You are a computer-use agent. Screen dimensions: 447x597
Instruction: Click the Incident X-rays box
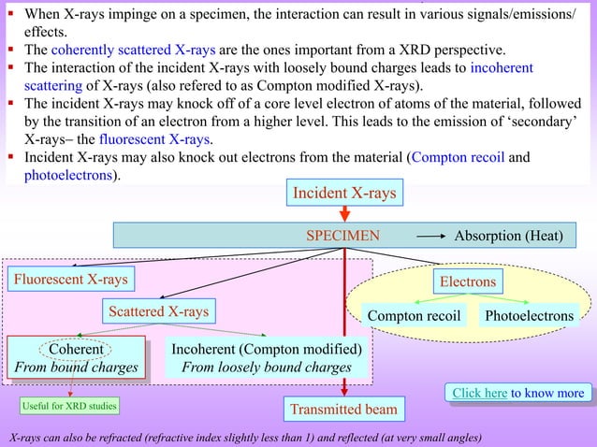(344, 194)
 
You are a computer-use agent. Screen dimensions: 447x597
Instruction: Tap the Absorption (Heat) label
(508, 236)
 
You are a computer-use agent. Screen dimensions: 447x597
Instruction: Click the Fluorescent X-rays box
(70, 278)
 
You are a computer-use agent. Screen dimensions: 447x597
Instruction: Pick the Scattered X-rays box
(156, 310)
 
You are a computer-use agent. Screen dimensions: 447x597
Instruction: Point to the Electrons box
(468, 281)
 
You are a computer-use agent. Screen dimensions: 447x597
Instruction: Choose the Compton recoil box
(414, 316)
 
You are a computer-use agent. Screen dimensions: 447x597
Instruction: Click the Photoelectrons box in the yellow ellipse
(529, 316)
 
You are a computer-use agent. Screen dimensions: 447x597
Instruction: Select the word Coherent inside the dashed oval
(76, 350)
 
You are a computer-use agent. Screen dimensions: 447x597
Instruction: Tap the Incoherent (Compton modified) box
(266, 358)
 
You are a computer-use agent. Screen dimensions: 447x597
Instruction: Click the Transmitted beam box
(343, 409)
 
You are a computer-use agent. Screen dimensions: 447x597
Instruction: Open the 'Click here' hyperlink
(479, 393)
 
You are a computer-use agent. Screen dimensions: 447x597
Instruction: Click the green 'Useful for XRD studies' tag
(65, 407)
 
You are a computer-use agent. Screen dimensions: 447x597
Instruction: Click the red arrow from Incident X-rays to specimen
(344, 213)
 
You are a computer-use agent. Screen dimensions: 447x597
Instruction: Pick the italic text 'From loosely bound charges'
(266, 368)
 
